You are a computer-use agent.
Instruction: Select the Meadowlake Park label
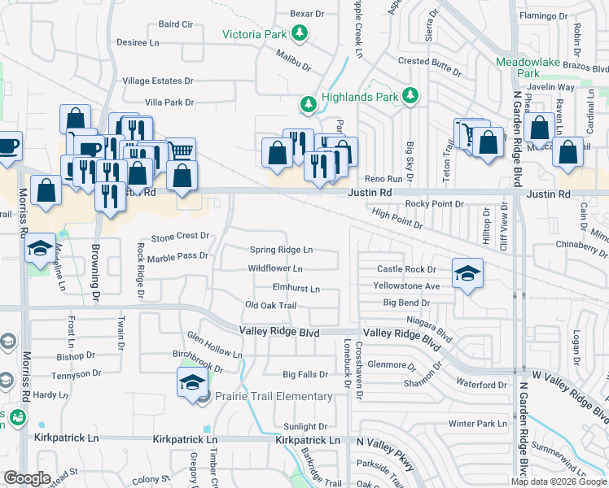518,67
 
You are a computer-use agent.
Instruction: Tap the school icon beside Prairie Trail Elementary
191,382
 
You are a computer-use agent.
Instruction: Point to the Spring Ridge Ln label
281,250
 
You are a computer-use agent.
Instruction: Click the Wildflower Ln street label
275,268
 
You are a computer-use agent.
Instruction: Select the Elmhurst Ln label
296,288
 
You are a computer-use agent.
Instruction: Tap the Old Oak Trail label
270,305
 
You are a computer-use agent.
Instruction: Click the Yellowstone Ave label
406,286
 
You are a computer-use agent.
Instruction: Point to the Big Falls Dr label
305,375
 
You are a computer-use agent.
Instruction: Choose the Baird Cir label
175,24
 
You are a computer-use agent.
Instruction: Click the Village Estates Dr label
158,81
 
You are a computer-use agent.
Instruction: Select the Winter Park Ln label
477,424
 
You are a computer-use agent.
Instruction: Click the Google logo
27,478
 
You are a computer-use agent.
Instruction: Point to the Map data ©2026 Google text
559,481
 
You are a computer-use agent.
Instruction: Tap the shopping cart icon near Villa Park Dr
182,150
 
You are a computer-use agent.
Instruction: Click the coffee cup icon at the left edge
7,146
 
